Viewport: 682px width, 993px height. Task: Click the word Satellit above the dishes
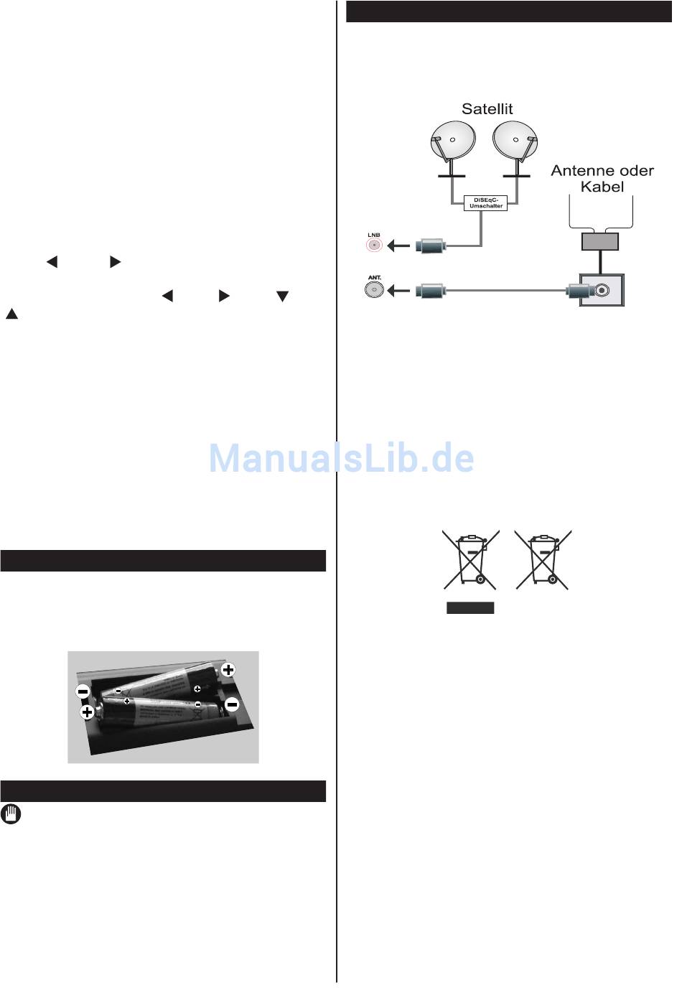[487, 109]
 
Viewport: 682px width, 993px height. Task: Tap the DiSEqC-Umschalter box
[485, 202]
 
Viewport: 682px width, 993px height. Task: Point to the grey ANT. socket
[374, 290]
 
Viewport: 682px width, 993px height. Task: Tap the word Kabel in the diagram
[602, 187]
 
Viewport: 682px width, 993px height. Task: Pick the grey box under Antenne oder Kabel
[600, 241]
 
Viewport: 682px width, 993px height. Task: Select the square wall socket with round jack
[602, 290]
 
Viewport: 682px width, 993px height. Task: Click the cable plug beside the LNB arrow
[431, 246]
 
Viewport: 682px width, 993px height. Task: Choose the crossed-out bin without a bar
[543, 559]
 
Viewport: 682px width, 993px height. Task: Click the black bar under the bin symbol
[470, 607]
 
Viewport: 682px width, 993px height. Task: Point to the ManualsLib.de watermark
[342, 458]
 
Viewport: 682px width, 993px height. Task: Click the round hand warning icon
[11, 814]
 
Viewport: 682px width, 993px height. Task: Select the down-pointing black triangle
[283, 297]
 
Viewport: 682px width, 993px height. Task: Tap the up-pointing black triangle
[11, 314]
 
